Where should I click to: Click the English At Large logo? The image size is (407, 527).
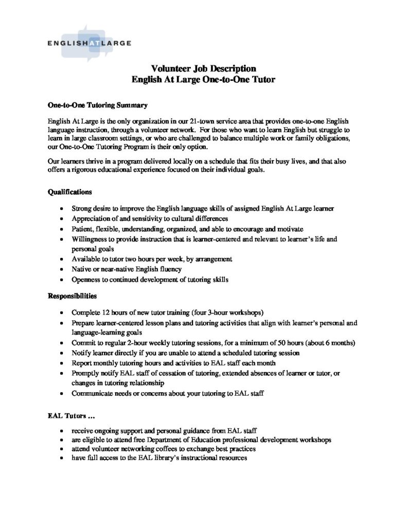89,43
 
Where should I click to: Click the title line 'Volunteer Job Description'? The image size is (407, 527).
203,68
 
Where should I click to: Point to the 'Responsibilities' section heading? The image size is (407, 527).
73,296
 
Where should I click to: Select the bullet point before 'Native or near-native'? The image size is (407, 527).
61,269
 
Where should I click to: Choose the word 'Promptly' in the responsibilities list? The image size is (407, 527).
86,373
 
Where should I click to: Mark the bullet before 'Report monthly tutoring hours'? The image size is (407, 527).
61,363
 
